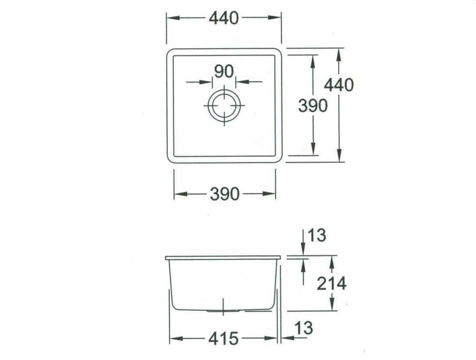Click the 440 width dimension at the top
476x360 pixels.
point(224,18)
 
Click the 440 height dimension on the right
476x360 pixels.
point(339,85)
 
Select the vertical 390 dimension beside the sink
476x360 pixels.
point(313,105)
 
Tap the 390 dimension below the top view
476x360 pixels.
point(225,194)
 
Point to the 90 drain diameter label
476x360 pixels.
point(224,71)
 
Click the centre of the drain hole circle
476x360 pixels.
point(224,105)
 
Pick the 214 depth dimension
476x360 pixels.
point(332,284)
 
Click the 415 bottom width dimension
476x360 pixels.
point(223,338)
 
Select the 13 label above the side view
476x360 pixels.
point(317,235)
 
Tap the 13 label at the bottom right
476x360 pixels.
point(304,328)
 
